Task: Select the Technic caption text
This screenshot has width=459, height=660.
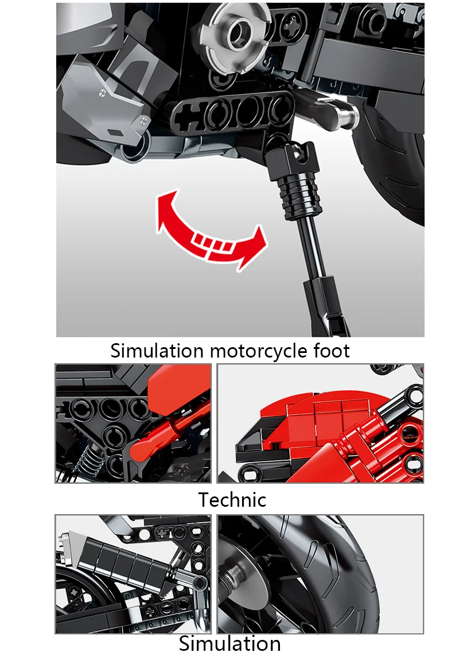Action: pyautogui.click(x=232, y=500)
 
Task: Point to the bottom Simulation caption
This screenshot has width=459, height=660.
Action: pyautogui.click(x=229, y=643)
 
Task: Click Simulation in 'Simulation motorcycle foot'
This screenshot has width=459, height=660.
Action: pyautogui.click(x=157, y=350)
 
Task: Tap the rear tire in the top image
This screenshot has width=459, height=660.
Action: pyautogui.click(x=396, y=172)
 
